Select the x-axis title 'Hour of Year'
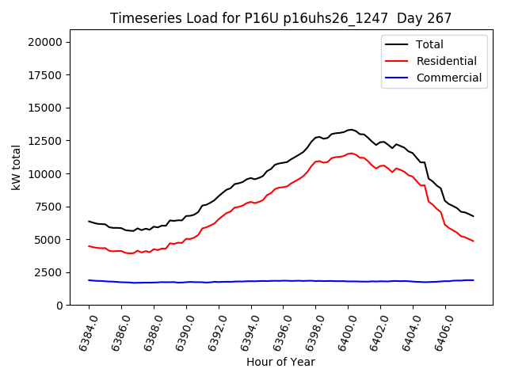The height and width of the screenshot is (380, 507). click(x=280, y=362)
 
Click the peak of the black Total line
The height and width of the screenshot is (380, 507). click(x=351, y=129)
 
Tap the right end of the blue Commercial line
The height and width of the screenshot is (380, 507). click(x=473, y=280)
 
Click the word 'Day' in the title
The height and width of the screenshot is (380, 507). click(x=398, y=18)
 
